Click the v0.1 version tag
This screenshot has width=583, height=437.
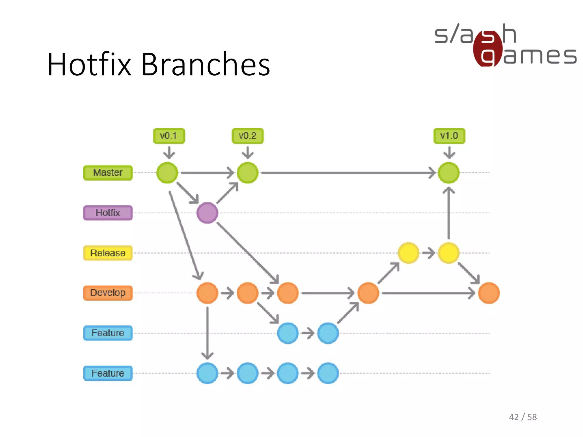tap(169, 136)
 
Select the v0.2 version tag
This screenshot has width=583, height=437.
tap(248, 136)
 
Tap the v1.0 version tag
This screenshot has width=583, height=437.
tap(449, 136)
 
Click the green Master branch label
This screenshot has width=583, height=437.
tap(108, 173)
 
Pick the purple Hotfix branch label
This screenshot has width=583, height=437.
tap(108, 213)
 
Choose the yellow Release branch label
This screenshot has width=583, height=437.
tap(108, 253)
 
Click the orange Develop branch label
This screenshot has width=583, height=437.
tap(108, 293)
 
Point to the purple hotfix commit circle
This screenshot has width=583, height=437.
tap(207, 213)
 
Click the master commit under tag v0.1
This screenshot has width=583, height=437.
tap(167, 173)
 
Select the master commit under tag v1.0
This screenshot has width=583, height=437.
tap(449, 173)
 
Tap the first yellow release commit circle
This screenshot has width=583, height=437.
tap(408, 253)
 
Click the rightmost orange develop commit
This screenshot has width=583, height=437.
tap(489, 293)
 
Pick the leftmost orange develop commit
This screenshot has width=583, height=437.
tap(207, 293)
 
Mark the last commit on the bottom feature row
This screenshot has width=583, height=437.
tap(328, 373)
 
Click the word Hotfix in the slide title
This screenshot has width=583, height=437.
tap(89, 65)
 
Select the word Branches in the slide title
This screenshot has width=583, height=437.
tap(206, 65)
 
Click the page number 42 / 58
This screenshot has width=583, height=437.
tap(523, 417)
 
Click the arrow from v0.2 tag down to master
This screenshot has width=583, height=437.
tap(248, 153)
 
